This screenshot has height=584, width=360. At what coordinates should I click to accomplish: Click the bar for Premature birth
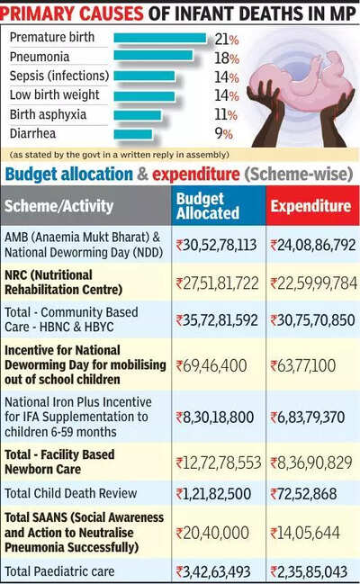pos(160,38)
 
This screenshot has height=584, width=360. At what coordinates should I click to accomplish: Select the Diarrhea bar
pos(133,134)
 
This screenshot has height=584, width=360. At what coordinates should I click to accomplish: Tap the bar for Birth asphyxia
pos(138,114)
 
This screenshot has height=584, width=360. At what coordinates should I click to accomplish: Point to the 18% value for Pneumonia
pos(227,58)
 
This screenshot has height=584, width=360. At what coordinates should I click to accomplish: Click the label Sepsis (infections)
pos(59,76)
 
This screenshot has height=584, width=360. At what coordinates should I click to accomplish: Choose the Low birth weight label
pos(54,94)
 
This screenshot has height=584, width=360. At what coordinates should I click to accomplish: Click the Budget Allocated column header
pos(208,206)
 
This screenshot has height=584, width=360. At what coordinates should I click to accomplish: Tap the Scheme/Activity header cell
pos(58,205)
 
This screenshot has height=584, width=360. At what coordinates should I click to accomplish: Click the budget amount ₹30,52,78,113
pos(216,245)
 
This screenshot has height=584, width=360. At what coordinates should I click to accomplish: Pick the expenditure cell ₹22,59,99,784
pos(313,283)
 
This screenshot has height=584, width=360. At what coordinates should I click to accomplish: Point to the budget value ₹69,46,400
pos(211,365)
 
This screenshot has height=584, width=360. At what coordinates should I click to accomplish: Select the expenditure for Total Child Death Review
pos(303,494)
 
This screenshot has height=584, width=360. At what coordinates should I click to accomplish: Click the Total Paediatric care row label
pos(59,571)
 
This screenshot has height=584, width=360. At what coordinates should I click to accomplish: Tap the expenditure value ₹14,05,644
pos(305,533)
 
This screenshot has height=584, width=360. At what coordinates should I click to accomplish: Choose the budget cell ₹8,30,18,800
pos(215,418)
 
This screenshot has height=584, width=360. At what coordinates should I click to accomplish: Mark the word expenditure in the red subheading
pos(196,174)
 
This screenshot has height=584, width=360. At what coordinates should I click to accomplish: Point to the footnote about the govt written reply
pos(120,155)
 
